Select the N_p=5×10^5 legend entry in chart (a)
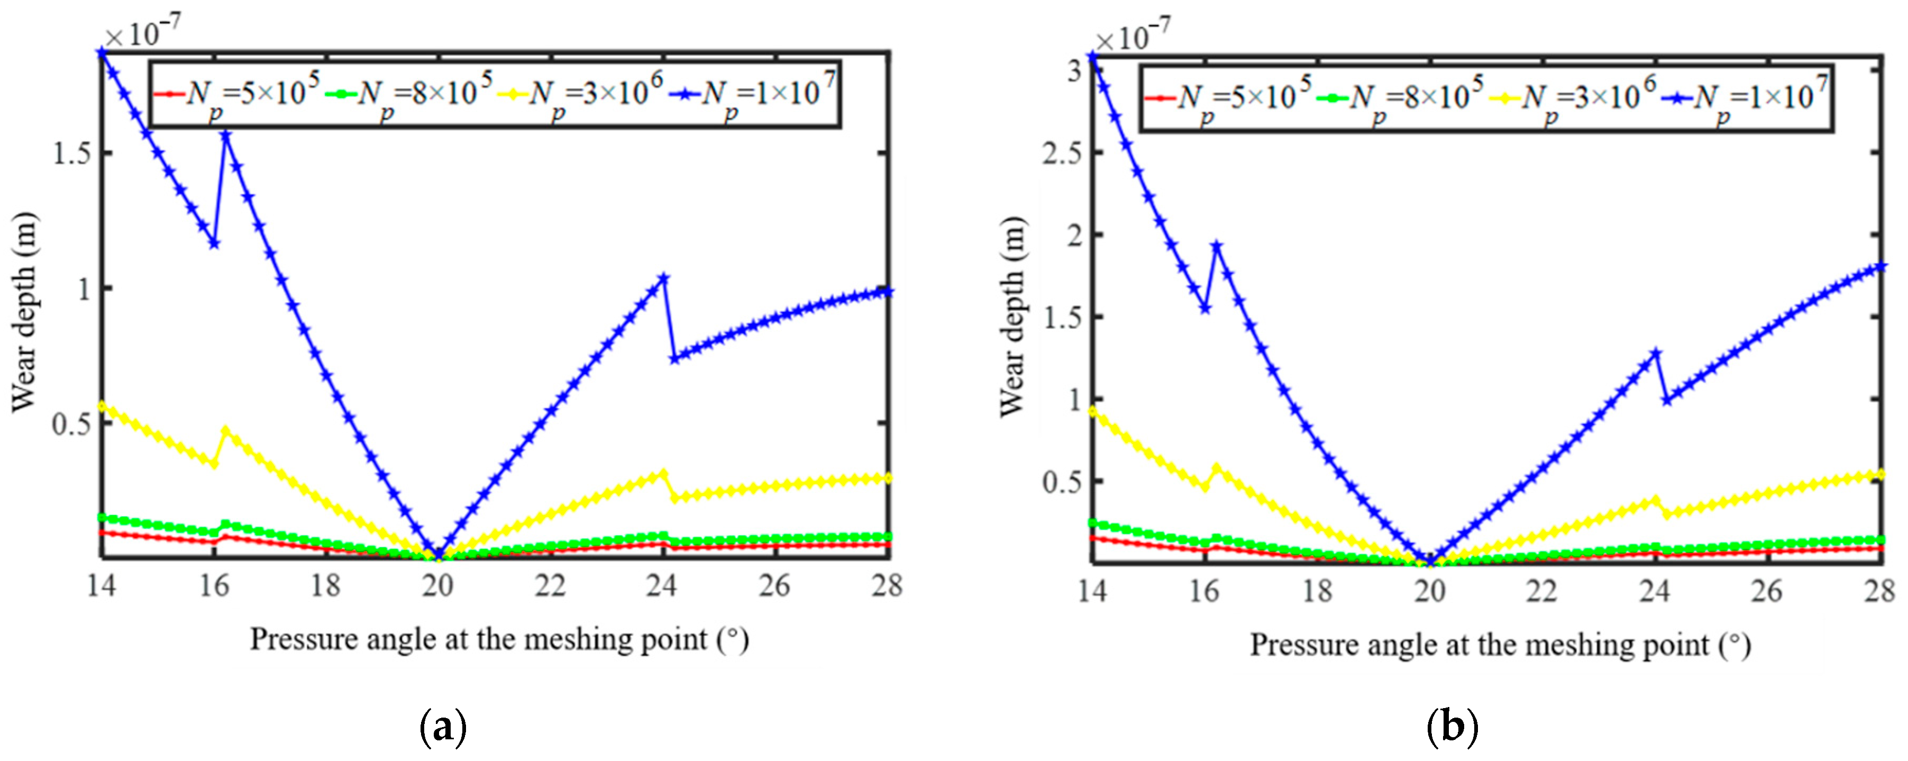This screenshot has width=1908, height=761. click(237, 94)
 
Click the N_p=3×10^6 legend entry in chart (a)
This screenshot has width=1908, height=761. click(581, 94)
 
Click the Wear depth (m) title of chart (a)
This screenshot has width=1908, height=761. click(24, 311)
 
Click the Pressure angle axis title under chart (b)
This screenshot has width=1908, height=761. click(1500, 645)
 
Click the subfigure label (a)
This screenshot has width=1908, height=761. click(443, 728)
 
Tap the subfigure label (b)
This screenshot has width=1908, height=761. click(1451, 728)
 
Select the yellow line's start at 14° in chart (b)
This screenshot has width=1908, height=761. click(1092, 411)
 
